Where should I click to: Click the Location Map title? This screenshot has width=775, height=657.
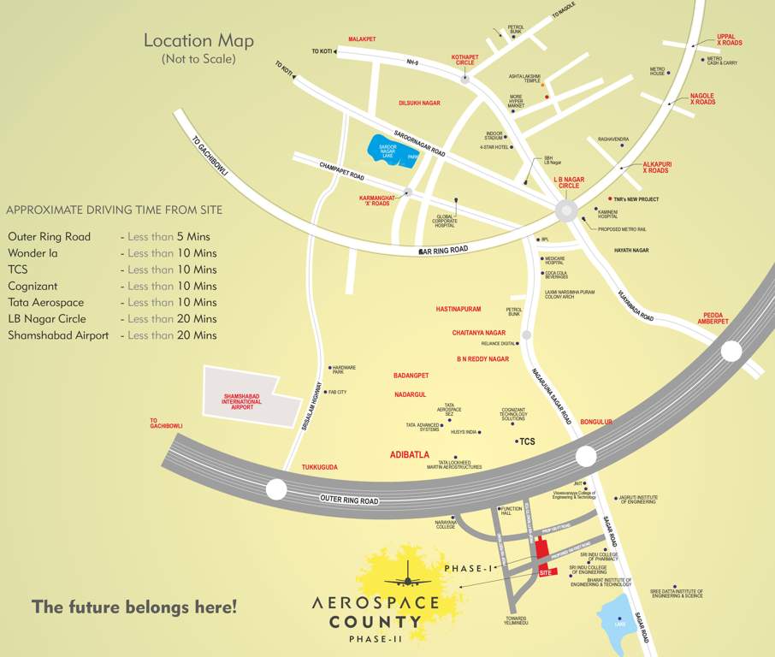[x=198, y=40]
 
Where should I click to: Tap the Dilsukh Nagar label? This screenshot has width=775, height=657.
[x=419, y=103]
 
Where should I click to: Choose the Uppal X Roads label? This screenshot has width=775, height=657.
[x=729, y=39]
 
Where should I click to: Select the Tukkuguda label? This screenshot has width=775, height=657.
[x=319, y=467]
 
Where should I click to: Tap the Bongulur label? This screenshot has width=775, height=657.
[x=596, y=422]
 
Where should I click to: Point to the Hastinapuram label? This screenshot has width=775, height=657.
[x=458, y=309]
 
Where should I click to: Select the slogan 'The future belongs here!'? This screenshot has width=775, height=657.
[x=134, y=607]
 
